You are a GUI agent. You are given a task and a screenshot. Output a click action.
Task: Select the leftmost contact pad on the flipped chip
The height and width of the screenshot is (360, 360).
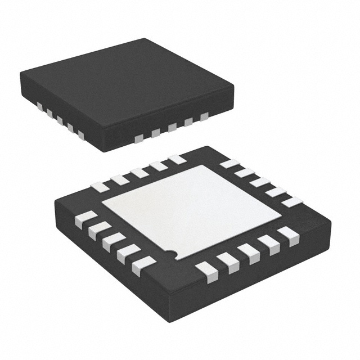(x=84, y=220)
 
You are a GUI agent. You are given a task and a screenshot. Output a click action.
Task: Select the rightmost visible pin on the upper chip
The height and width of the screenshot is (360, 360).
(x=204, y=116)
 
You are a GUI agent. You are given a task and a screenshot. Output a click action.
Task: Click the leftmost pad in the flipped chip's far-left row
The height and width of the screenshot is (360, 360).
(x=99, y=186)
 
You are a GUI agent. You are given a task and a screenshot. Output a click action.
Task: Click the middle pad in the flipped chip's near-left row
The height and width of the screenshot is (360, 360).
(x=112, y=241)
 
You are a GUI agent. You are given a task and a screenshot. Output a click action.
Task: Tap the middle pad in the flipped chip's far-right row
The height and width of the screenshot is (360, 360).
(x=260, y=182)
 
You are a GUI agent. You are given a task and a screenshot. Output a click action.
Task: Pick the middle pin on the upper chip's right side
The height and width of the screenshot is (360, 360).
(x=172, y=127)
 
